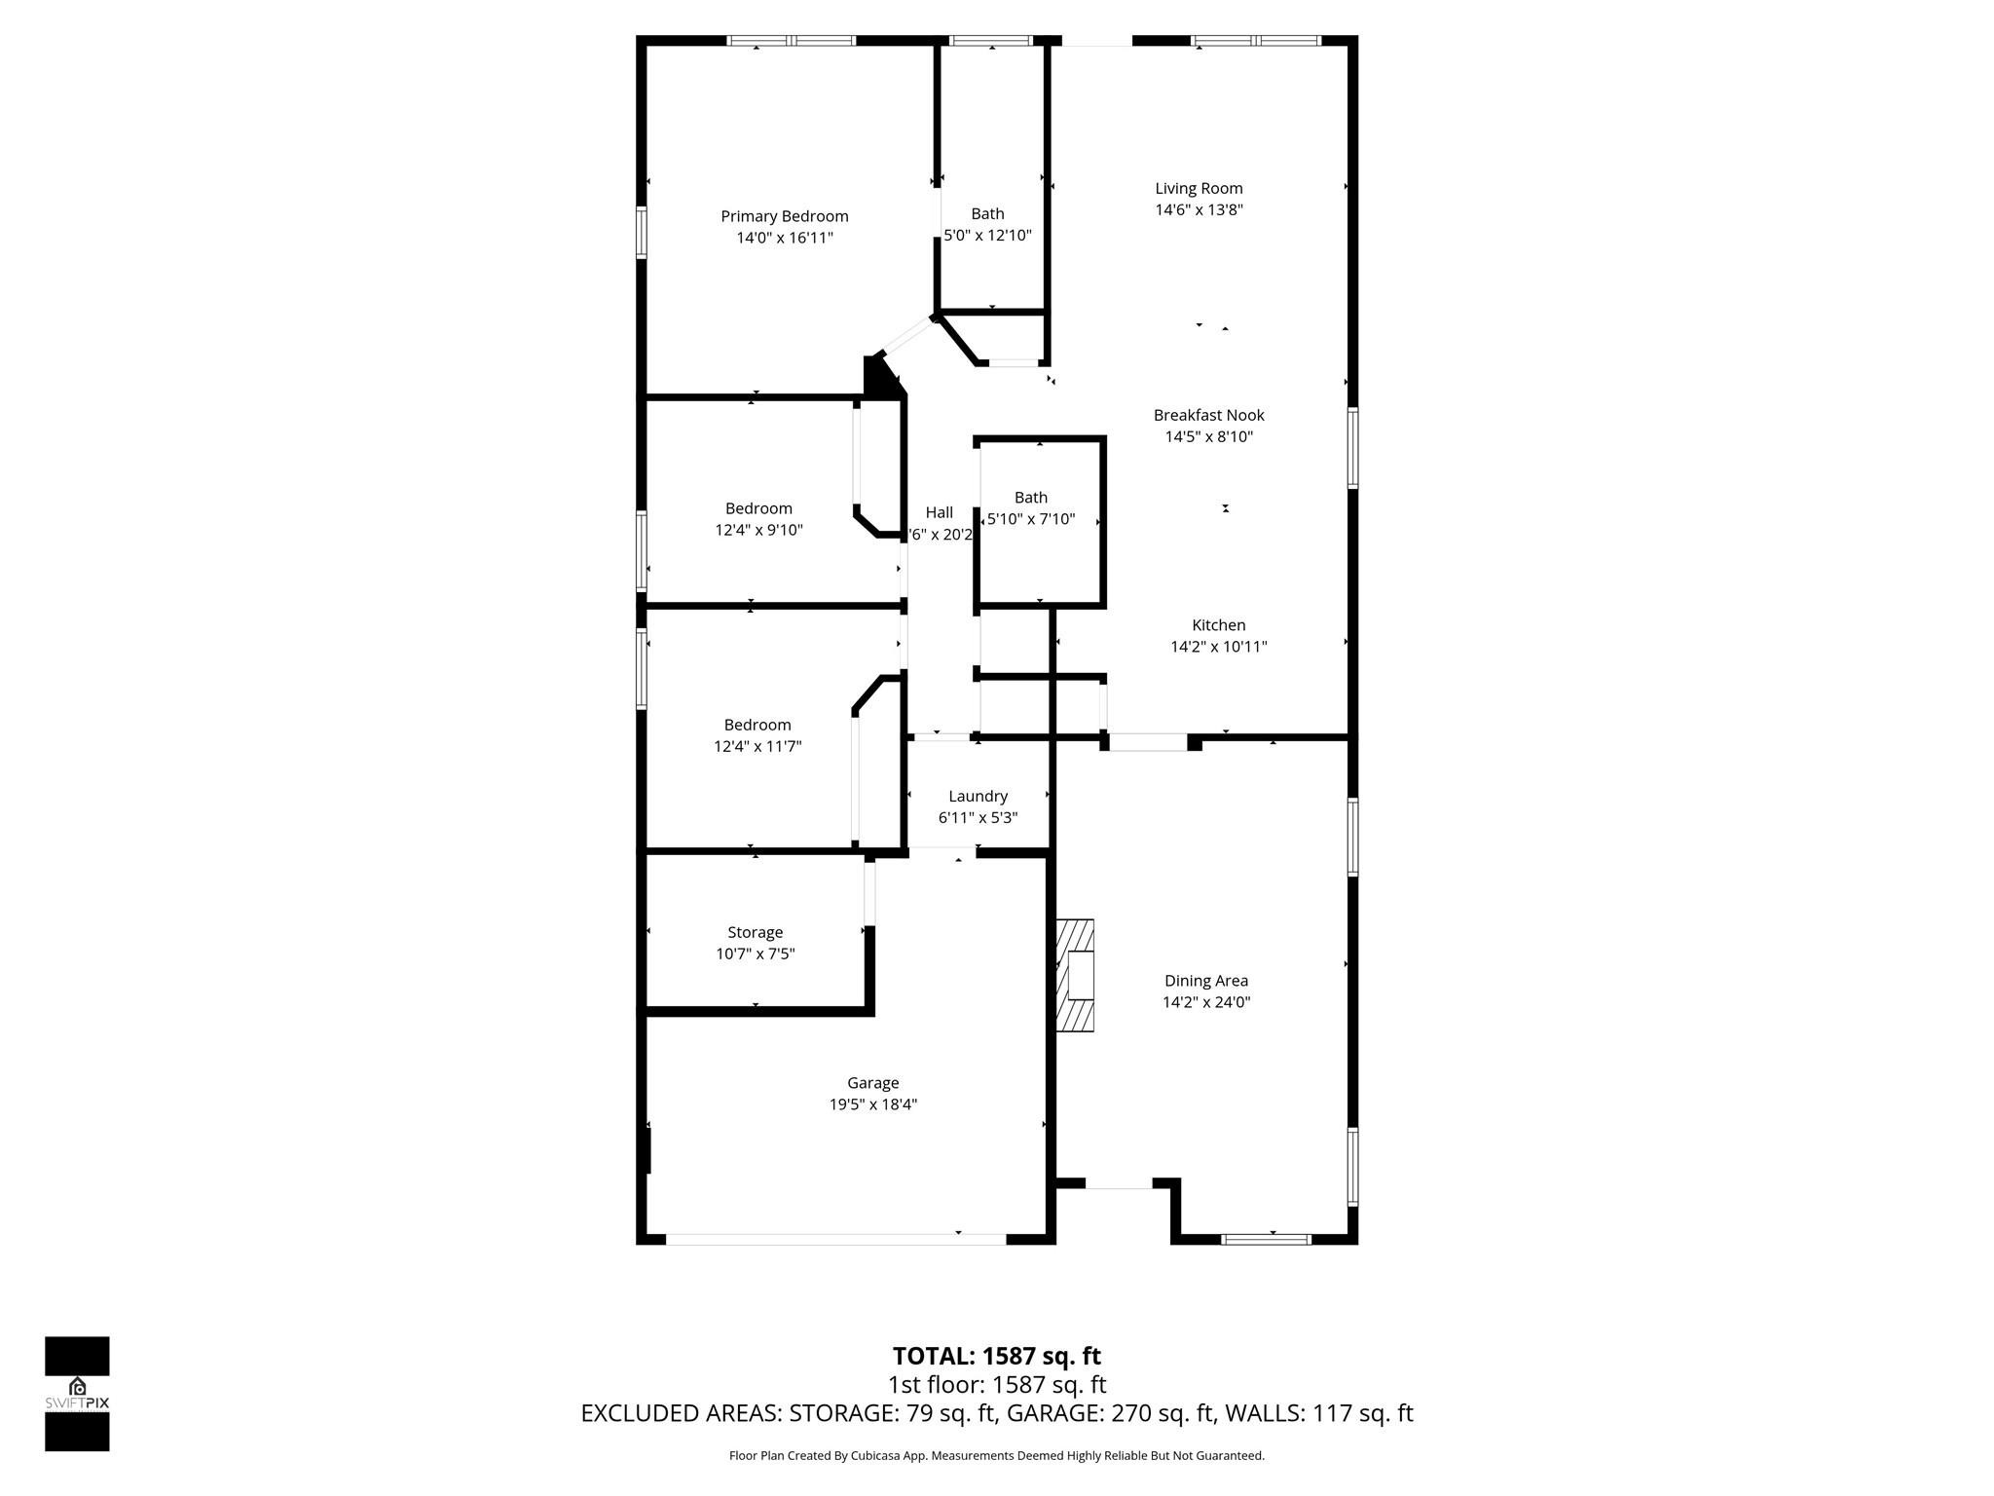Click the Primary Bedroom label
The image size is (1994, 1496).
(x=784, y=216)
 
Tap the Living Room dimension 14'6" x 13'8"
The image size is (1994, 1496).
(x=1199, y=210)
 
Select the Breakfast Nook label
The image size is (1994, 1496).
(x=1208, y=415)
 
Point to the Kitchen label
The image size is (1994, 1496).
(x=1218, y=625)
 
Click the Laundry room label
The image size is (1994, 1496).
(x=978, y=796)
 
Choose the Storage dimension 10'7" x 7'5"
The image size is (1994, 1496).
(x=755, y=954)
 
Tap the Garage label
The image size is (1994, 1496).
(x=872, y=1083)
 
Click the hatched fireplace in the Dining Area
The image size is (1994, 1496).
(x=1075, y=975)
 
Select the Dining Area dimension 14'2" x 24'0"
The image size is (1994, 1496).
(x=1205, y=1002)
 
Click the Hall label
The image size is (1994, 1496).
(x=939, y=512)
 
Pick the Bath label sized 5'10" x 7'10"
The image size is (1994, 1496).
(x=1030, y=498)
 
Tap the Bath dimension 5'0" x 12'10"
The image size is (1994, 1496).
(x=987, y=236)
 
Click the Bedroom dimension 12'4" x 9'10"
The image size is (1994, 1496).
(x=758, y=531)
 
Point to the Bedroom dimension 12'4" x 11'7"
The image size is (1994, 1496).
(x=757, y=747)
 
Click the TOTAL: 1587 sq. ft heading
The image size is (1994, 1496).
(x=996, y=1356)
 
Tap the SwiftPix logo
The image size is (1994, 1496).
(x=77, y=1393)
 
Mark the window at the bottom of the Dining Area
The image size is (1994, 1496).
(x=1266, y=1239)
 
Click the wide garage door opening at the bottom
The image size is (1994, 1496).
(x=835, y=1239)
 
